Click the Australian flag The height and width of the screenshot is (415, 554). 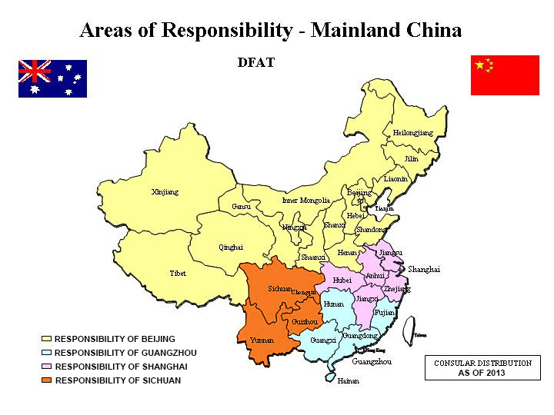52,78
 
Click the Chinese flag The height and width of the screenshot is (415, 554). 505,75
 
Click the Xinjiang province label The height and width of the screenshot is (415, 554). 165,191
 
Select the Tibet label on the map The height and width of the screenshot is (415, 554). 178,274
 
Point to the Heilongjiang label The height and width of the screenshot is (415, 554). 412,133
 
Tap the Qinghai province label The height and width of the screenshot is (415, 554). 231,247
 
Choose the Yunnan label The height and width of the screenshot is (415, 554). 262,340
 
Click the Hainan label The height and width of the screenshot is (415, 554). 348,380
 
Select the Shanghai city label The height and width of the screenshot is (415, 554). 423,270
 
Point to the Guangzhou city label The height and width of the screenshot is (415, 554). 372,361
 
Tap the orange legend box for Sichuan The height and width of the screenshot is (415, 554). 46,380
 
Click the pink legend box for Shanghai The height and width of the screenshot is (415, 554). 46,367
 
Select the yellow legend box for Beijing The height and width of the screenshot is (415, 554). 46,339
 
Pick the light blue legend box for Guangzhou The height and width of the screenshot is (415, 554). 46,353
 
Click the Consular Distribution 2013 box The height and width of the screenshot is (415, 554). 482,368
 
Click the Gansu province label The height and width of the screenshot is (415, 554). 241,207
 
